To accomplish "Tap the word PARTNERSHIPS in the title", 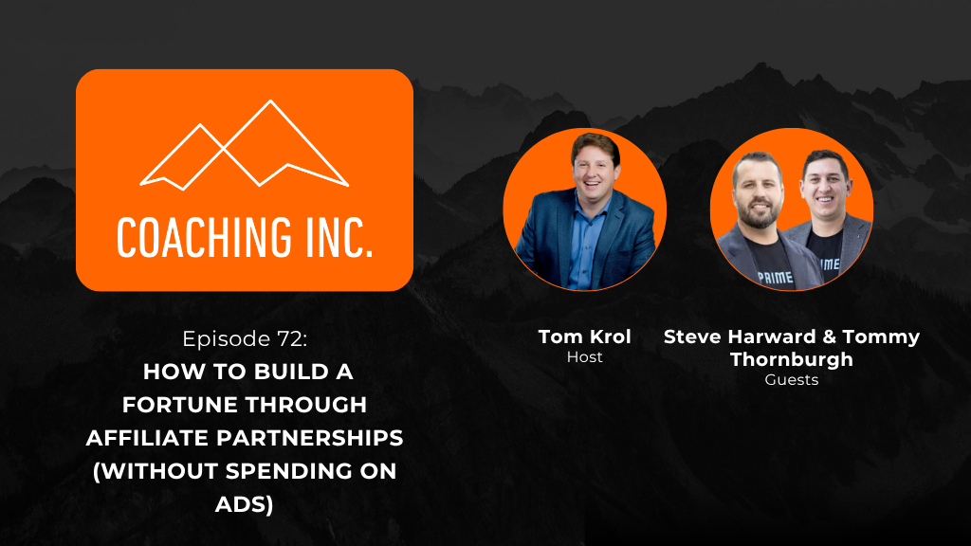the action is (310, 438).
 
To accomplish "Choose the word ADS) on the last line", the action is (244, 504).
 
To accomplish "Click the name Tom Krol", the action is (584, 337).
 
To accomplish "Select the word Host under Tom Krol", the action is (584, 357).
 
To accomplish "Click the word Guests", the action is (792, 379).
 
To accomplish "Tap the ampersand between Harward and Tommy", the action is (829, 337).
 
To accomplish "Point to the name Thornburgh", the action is (792, 359).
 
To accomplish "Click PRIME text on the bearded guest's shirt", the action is (776, 277).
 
